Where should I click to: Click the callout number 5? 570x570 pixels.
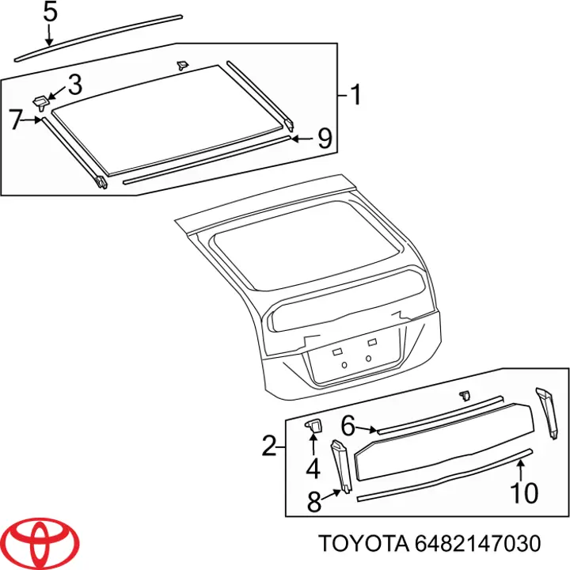(x=49, y=13)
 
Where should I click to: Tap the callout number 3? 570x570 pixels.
(x=74, y=83)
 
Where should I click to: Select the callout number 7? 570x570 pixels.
(x=17, y=120)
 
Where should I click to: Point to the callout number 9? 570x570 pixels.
(x=324, y=139)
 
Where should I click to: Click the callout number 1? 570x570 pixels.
(x=355, y=96)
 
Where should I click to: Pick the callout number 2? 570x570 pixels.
(x=269, y=447)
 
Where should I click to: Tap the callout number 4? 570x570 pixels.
(x=313, y=469)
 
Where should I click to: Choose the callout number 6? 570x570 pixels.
(x=347, y=425)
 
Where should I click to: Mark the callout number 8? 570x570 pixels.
(x=313, y=501)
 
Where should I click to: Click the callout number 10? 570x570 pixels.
(x=523, y=493)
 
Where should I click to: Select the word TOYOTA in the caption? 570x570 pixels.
(x=361, y=545)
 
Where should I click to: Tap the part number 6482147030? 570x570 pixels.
(x=477, y=545)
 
